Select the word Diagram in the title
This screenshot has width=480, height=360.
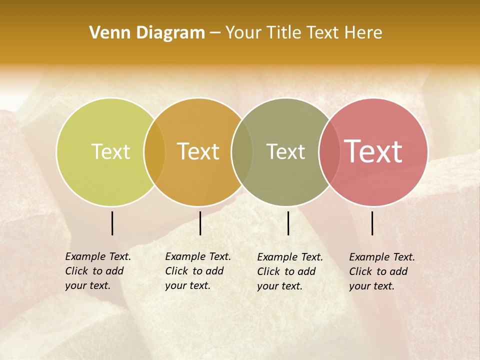[x=170, y=32]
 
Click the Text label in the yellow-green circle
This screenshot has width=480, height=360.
[x=110, y=151]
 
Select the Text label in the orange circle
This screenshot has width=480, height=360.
[x=198, y=151]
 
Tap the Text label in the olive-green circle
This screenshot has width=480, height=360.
[x=285, y=151]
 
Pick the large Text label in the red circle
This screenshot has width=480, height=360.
[x=373, y=151]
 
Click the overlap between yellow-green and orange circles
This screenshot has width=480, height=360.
[x=154, y=151]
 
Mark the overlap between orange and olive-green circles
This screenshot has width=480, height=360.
[x=242, y=151]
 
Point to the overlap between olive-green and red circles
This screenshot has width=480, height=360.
[x=329, y=151]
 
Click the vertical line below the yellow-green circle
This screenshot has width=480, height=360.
[x=112, y=223]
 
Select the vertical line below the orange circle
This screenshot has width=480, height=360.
[x=200, y=223]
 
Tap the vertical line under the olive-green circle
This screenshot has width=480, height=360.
[x=288, y=223]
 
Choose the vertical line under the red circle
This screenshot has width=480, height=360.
[x=372, y=223]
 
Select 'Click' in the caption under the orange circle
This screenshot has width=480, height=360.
[x=176, y=271]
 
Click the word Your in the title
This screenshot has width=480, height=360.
[x=243, y=32]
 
